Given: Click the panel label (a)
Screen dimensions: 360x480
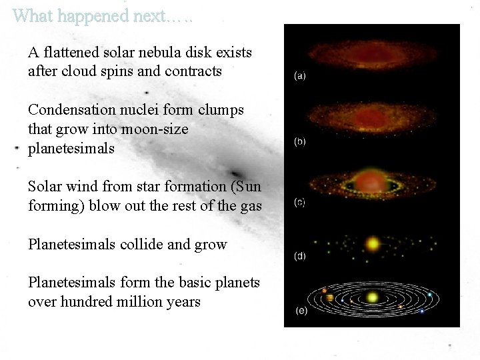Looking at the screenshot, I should coord(301,76).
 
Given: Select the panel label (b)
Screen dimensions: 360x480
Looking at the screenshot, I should coord(301,141).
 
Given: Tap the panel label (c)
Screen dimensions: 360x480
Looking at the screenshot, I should coord(301,203).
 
